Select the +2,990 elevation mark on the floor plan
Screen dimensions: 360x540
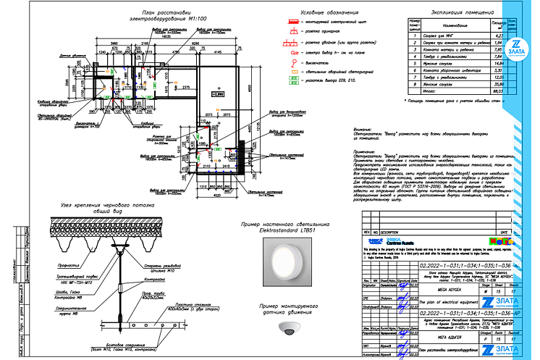(218, 94)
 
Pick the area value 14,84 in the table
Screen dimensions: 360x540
(497, 63)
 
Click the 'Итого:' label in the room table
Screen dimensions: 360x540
(434, 91)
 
